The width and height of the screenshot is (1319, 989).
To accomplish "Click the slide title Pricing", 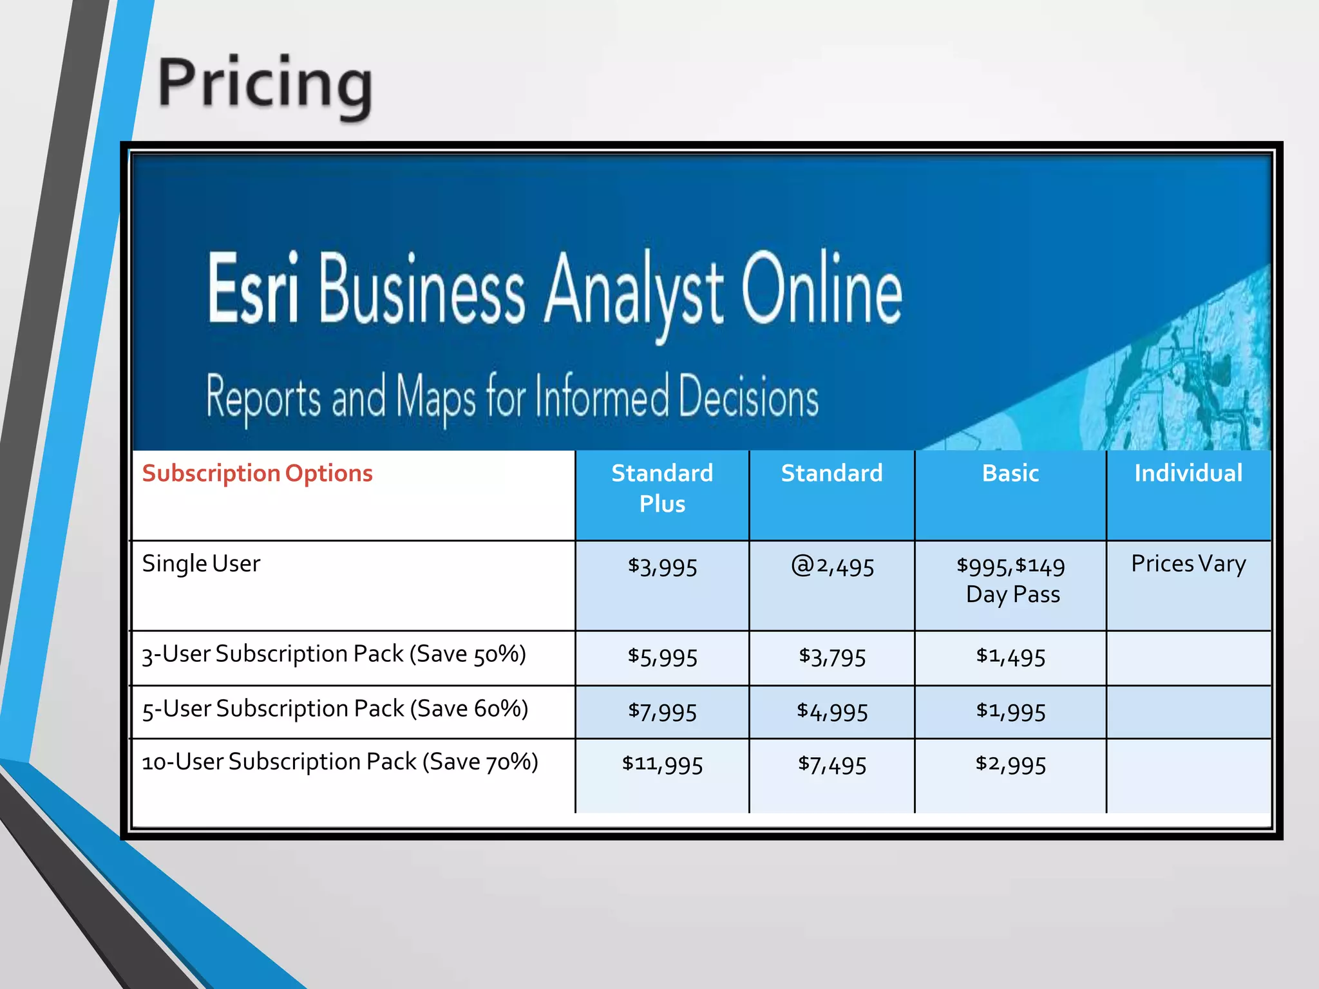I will (x=265, y=84).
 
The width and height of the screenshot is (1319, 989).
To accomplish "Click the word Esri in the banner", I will (x=253, y=288).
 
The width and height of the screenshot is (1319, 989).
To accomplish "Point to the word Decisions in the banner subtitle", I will (x=748, y=397).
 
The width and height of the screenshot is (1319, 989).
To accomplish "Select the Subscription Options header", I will (x=257, y=473).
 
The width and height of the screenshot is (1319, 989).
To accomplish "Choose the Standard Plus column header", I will (x=662, y=488).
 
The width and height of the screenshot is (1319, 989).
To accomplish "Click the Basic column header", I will (x=1010, y=473).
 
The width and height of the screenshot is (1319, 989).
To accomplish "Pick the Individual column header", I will (x=1188, y=473).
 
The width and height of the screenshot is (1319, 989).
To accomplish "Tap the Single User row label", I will (x=201, y=563).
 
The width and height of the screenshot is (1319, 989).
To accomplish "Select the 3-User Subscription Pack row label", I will (x=334, y=654).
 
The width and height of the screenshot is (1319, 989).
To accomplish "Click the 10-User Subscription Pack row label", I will (x=339, y=762).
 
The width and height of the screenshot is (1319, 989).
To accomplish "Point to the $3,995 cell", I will (x=662, y=567).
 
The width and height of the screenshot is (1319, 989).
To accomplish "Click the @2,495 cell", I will (x=832, y=567).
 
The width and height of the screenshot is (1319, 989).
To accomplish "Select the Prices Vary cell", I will (x=1188, y=563).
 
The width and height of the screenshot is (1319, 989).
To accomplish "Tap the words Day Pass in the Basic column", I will (x=1012, y=594).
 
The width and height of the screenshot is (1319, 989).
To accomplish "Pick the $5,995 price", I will (x=662, y=657).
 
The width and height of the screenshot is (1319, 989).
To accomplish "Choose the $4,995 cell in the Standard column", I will (x=832, y=711).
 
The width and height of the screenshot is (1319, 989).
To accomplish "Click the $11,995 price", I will (x=662, y=764).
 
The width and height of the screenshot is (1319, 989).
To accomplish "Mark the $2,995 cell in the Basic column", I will (x=1010, y=764).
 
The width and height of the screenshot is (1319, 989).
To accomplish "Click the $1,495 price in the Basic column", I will (x=1010, y=657).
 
